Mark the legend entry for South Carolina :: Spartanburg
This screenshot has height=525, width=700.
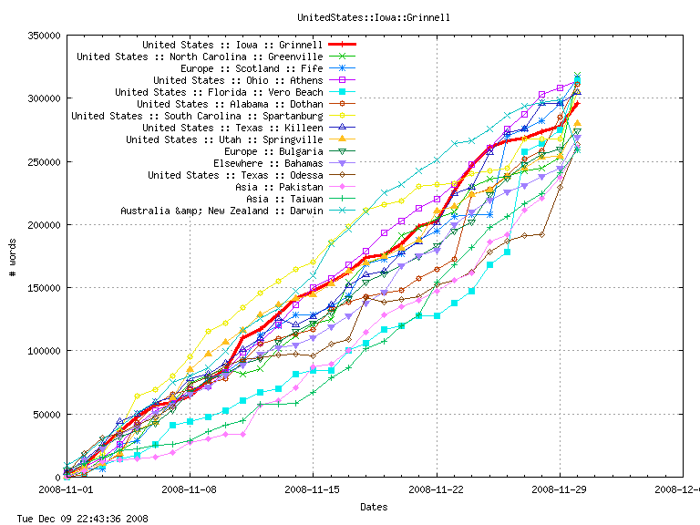point(196,116)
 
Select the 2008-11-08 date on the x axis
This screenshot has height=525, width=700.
point(190,489)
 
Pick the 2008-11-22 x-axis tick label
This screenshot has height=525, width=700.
point(437,489)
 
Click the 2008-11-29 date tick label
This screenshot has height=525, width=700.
point(560,489)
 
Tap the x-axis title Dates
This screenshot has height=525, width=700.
point(373,507)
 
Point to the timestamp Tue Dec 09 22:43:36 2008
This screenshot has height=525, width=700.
point(75,518)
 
